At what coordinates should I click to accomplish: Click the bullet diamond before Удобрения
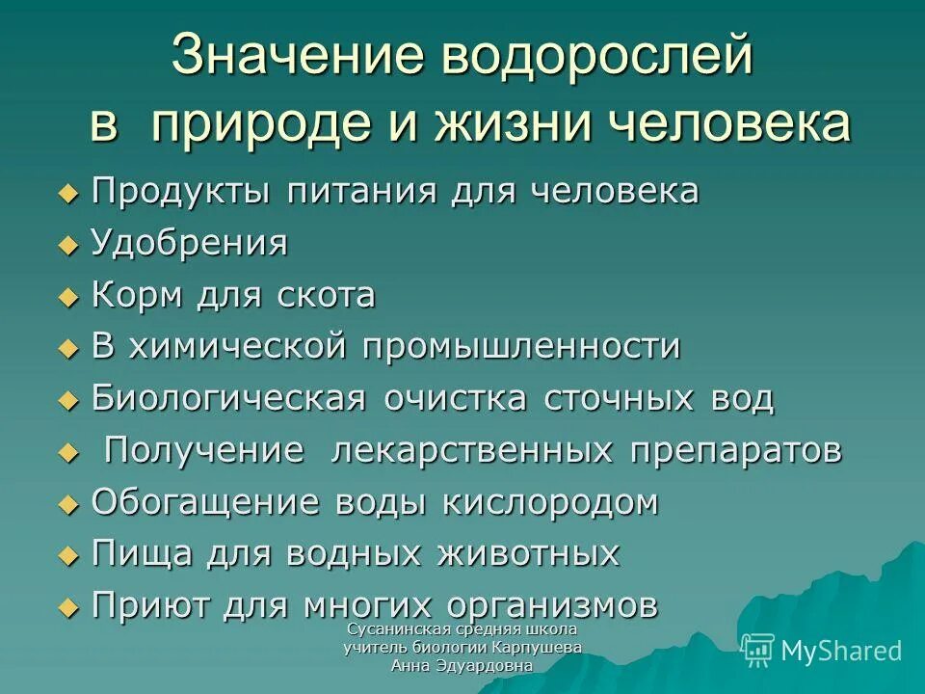[66, 245]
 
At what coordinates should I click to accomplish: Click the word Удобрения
[189, 244]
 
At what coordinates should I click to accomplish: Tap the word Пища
[135, 553]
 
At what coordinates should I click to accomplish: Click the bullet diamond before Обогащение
[66, 503]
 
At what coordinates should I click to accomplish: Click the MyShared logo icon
[758, 650]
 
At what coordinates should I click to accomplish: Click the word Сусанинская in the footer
[386, 629]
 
